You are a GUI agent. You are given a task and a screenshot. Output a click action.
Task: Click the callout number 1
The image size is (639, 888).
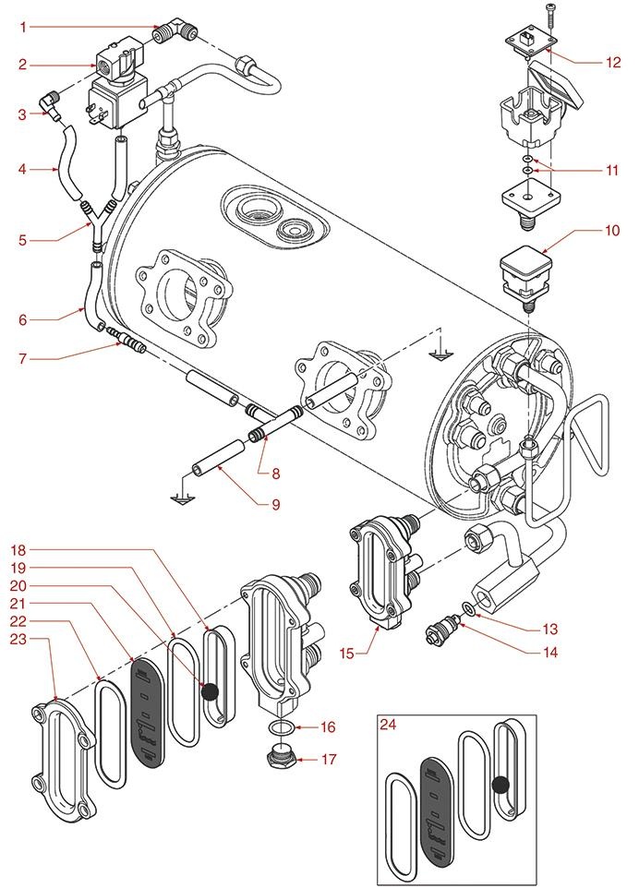(x=22, y=27)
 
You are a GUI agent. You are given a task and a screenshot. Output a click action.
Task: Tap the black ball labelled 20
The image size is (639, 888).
(x=210, y=690)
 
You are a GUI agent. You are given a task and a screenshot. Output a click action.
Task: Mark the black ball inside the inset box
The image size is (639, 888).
(x=501, y=785)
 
